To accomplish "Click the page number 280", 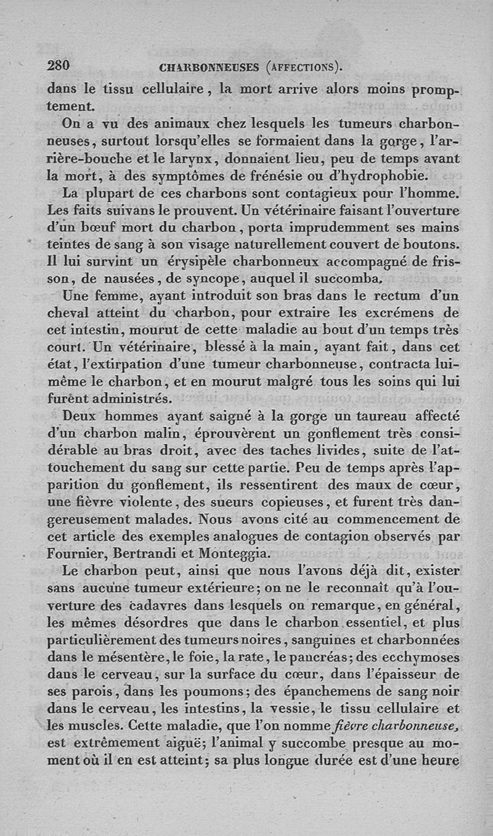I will click(x=60, y=66).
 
